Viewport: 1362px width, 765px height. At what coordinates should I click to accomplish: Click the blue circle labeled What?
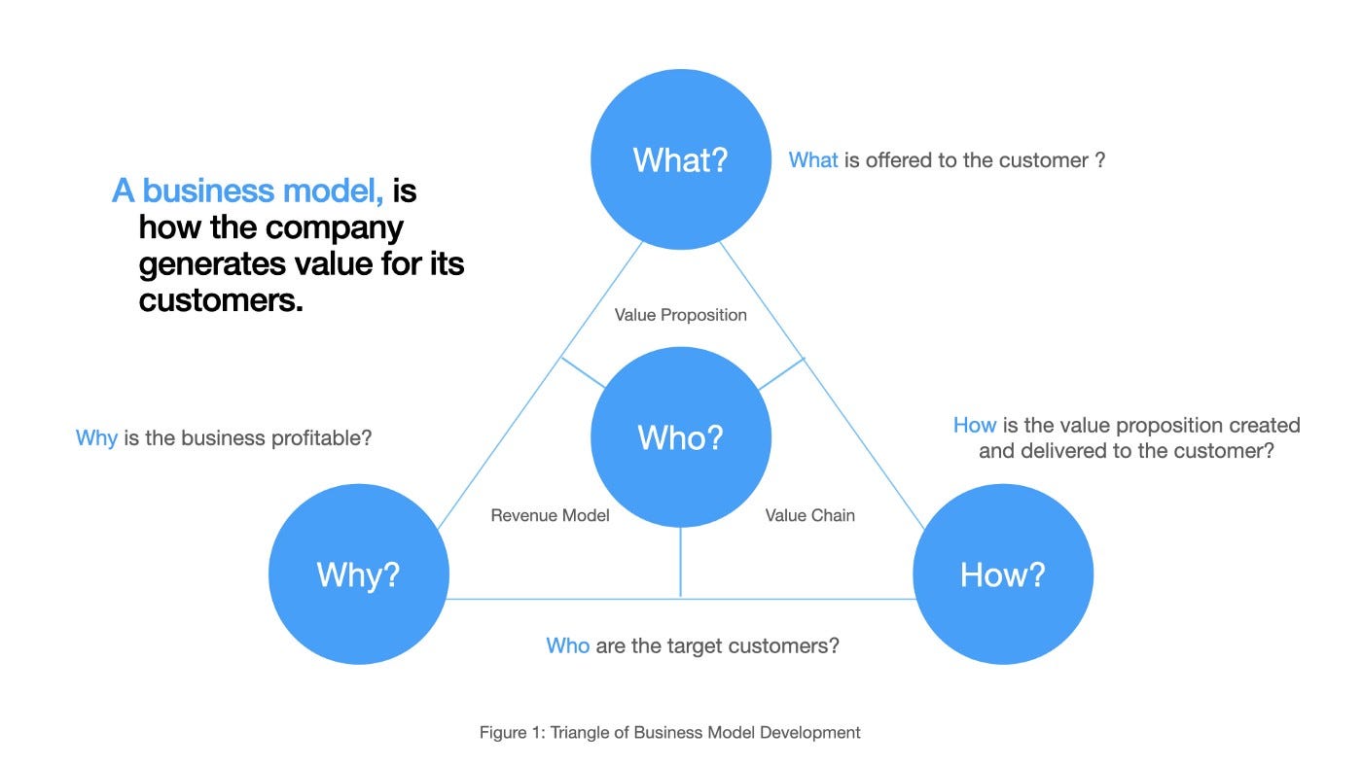(680, 159)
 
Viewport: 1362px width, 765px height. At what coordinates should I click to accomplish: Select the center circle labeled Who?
(680, 437)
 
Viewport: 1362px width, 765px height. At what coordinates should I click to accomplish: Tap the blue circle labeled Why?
(358, 574)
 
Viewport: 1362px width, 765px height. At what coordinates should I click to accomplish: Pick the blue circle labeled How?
(1002, 574)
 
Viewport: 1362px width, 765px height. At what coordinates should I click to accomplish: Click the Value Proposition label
(680, 315)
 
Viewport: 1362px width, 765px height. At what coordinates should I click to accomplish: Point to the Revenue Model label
(550, 515)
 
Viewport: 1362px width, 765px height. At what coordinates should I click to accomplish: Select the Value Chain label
(809, 515)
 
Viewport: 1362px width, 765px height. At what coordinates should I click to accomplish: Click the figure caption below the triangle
(669, 732)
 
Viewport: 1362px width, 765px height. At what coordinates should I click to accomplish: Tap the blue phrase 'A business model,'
(248, 191)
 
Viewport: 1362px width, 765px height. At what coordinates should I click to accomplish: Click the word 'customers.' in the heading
(221, 300)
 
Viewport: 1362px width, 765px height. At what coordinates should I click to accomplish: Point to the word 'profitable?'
(321, 437)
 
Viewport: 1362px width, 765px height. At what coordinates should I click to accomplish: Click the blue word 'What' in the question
(812, 159)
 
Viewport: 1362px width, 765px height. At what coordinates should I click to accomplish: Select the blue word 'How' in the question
(974, 425)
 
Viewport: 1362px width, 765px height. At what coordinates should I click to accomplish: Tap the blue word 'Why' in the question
(96, 437)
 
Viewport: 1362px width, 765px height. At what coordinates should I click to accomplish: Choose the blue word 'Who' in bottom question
(567, 645)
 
